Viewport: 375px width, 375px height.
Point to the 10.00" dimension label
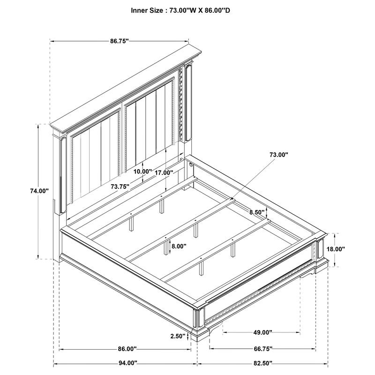point(142,172)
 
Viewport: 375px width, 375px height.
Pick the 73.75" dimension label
point(120,186)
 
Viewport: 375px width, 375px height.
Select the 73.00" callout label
point(278,154)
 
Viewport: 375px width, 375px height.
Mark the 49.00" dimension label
point(263,332)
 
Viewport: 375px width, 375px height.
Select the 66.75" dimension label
point(263,349)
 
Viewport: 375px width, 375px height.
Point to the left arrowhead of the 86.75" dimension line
point(52,41)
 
